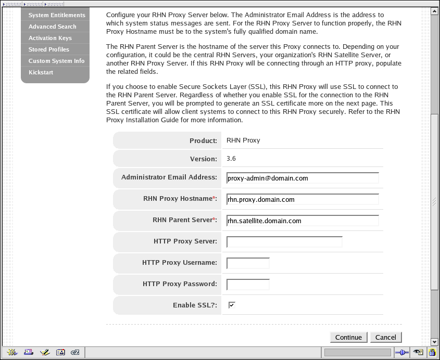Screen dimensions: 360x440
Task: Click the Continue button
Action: [x=348, y=337]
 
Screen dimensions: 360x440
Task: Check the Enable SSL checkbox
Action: [x=232, y=305]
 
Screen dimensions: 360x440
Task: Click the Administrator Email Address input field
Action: [x=303, y=178]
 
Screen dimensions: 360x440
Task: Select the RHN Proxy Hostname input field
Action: [x=303, y=199]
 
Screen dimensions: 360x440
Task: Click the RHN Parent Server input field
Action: [x=303, y=221]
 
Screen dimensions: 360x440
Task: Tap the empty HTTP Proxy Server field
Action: [x=284, y=242]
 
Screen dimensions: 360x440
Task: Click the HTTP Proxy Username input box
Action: [x=248, y=263]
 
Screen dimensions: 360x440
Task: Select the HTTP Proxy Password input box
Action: [x=248, y=285]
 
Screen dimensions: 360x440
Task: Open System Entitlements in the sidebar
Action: [x=57, y=15]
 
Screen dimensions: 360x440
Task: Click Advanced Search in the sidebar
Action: [x=52, y=27]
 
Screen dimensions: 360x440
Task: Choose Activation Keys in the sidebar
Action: [x=50, y=38]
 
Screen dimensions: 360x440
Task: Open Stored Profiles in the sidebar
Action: [x=48, y=49]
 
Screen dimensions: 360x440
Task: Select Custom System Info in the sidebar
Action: [x=56, y=61]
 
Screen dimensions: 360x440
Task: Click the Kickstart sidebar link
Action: [x=41, y=72]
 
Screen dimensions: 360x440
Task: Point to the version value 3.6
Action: [x=231, y=159]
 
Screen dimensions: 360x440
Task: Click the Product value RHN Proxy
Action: [x=243, y=140]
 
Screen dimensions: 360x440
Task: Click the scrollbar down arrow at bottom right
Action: [x=435, y=342]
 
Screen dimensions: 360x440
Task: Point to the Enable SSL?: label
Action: [x=195, y=305]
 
